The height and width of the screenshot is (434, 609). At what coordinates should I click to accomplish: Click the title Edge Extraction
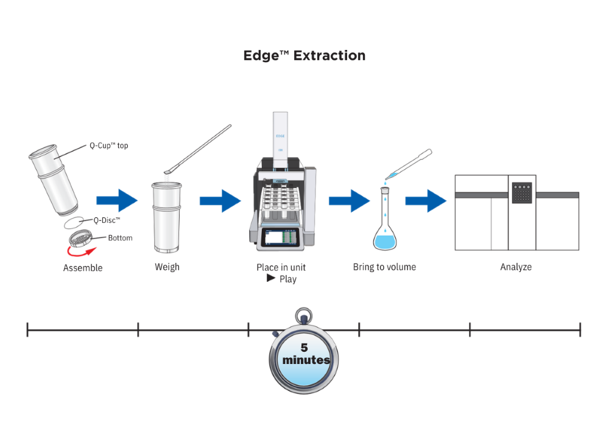[x=304, y=55]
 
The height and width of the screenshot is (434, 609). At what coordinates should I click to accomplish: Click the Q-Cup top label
[x=109, y=145]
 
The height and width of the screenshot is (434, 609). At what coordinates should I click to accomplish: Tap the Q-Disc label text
[x=107, y=220]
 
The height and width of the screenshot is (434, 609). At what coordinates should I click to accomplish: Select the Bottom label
[x=120, y=237]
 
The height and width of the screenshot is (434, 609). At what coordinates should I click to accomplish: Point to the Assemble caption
[x=83, y=268]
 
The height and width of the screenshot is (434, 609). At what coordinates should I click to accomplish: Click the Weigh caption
[x=167, y=267]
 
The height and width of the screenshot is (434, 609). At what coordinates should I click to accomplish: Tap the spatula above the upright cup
[x=198, y=149]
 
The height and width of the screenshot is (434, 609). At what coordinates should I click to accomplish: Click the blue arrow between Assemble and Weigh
[x=117, y=201]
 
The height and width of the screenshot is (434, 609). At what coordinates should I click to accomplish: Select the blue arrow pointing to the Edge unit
[x=220, y=201]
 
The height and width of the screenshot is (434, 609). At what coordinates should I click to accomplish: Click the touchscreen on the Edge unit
[x=281, y=237]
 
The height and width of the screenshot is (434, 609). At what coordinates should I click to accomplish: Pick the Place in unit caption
[x=281, y=267]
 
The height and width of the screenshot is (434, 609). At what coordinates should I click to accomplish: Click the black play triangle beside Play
[x=271, y=278]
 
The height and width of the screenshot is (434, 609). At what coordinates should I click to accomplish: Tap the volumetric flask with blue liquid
[x=385, y=220]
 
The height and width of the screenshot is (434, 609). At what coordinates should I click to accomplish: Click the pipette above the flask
[x=409, y=164]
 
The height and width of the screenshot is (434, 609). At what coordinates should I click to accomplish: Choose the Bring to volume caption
[x=384, y=267]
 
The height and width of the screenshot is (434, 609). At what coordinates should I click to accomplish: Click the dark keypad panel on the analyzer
[x=522, y=193]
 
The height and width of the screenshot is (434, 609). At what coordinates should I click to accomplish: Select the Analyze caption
[x=516, y=267]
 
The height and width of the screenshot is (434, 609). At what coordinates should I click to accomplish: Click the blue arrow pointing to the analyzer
[x=426, y=201]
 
